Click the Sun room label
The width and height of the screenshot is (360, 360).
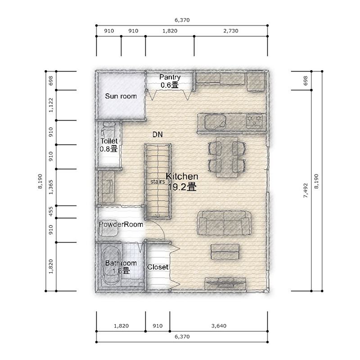tap(121, 96)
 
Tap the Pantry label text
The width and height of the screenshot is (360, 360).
tap(170, 77)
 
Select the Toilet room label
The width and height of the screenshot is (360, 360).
tap(109, 141)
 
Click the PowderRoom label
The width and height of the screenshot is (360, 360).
tap(121, 224)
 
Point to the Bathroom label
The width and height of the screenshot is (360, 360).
tap(121, 263)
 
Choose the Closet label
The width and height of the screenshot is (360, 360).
tap(158, 267)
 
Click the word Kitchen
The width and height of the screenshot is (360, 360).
tap(182, 176)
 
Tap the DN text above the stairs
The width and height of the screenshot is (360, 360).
tap(157, 135)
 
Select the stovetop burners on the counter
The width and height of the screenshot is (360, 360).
tap(254, 120)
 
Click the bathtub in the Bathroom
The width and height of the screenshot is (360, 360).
tap(112, 266)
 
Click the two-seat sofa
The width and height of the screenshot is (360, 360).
tap(224, 223)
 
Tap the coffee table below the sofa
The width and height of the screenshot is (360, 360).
tap(225, 252)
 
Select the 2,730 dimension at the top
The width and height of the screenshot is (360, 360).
tap(231, 31)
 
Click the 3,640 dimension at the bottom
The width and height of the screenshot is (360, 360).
tap(219, 326)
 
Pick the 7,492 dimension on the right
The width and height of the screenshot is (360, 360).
tap(306, 190)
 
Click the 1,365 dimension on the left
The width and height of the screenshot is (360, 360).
tap(51, 187)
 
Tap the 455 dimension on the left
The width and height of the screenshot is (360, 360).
tap(51, 211)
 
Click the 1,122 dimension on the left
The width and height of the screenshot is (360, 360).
tap(51, 105)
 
